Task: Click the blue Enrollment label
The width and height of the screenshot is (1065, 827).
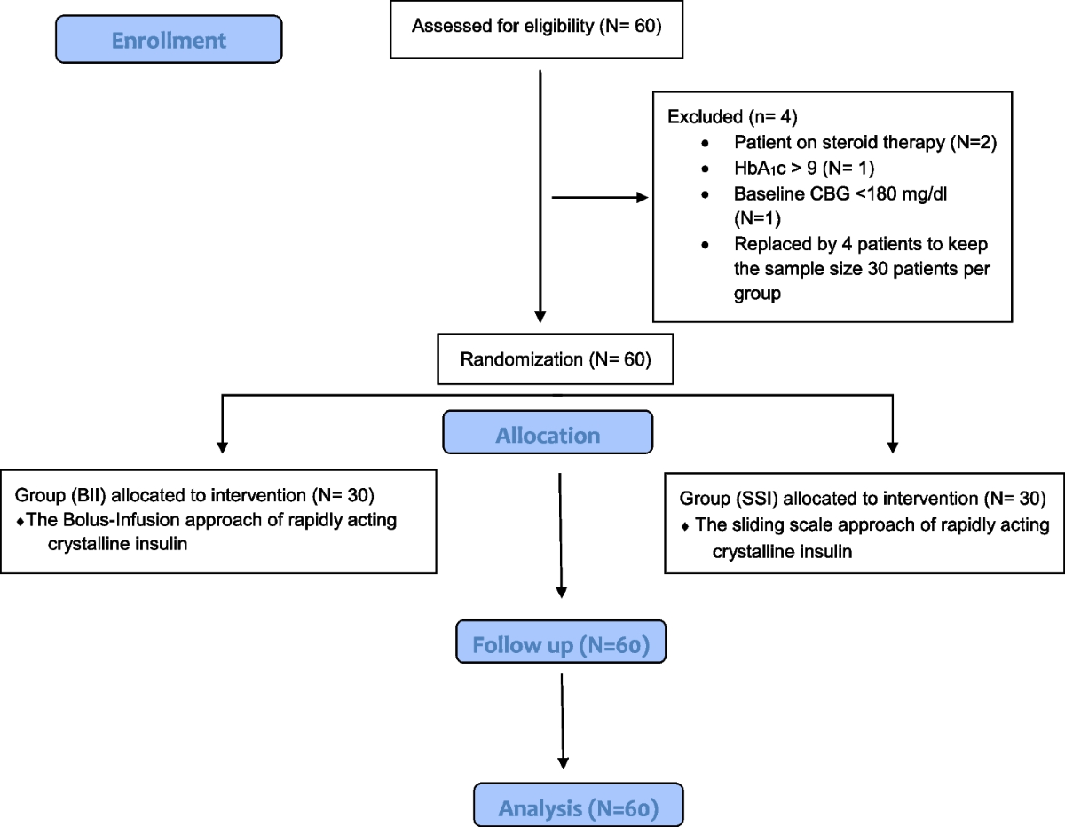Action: pos(168,40)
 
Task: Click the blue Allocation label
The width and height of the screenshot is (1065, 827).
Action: pos(548,435)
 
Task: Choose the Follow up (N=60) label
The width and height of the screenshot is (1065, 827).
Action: pos(561,644)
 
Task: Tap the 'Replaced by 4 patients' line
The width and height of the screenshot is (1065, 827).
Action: pos(860,244)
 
